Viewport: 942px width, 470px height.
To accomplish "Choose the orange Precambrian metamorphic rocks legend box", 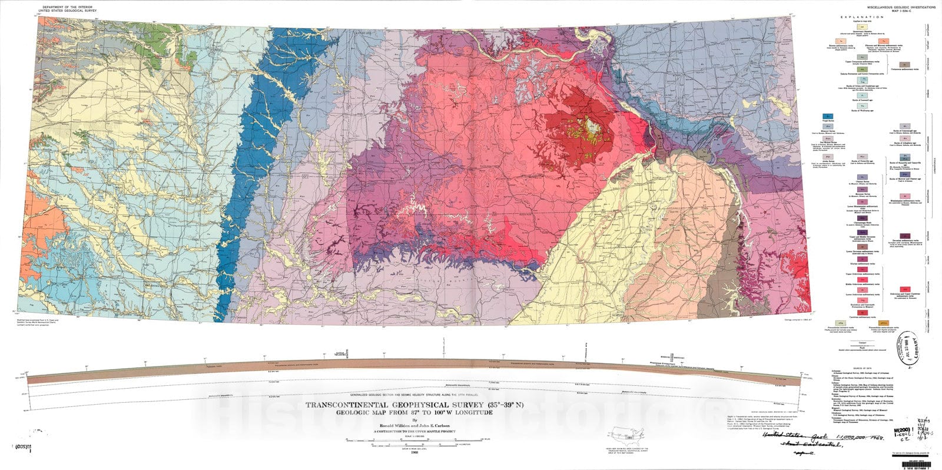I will coord(884,323).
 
